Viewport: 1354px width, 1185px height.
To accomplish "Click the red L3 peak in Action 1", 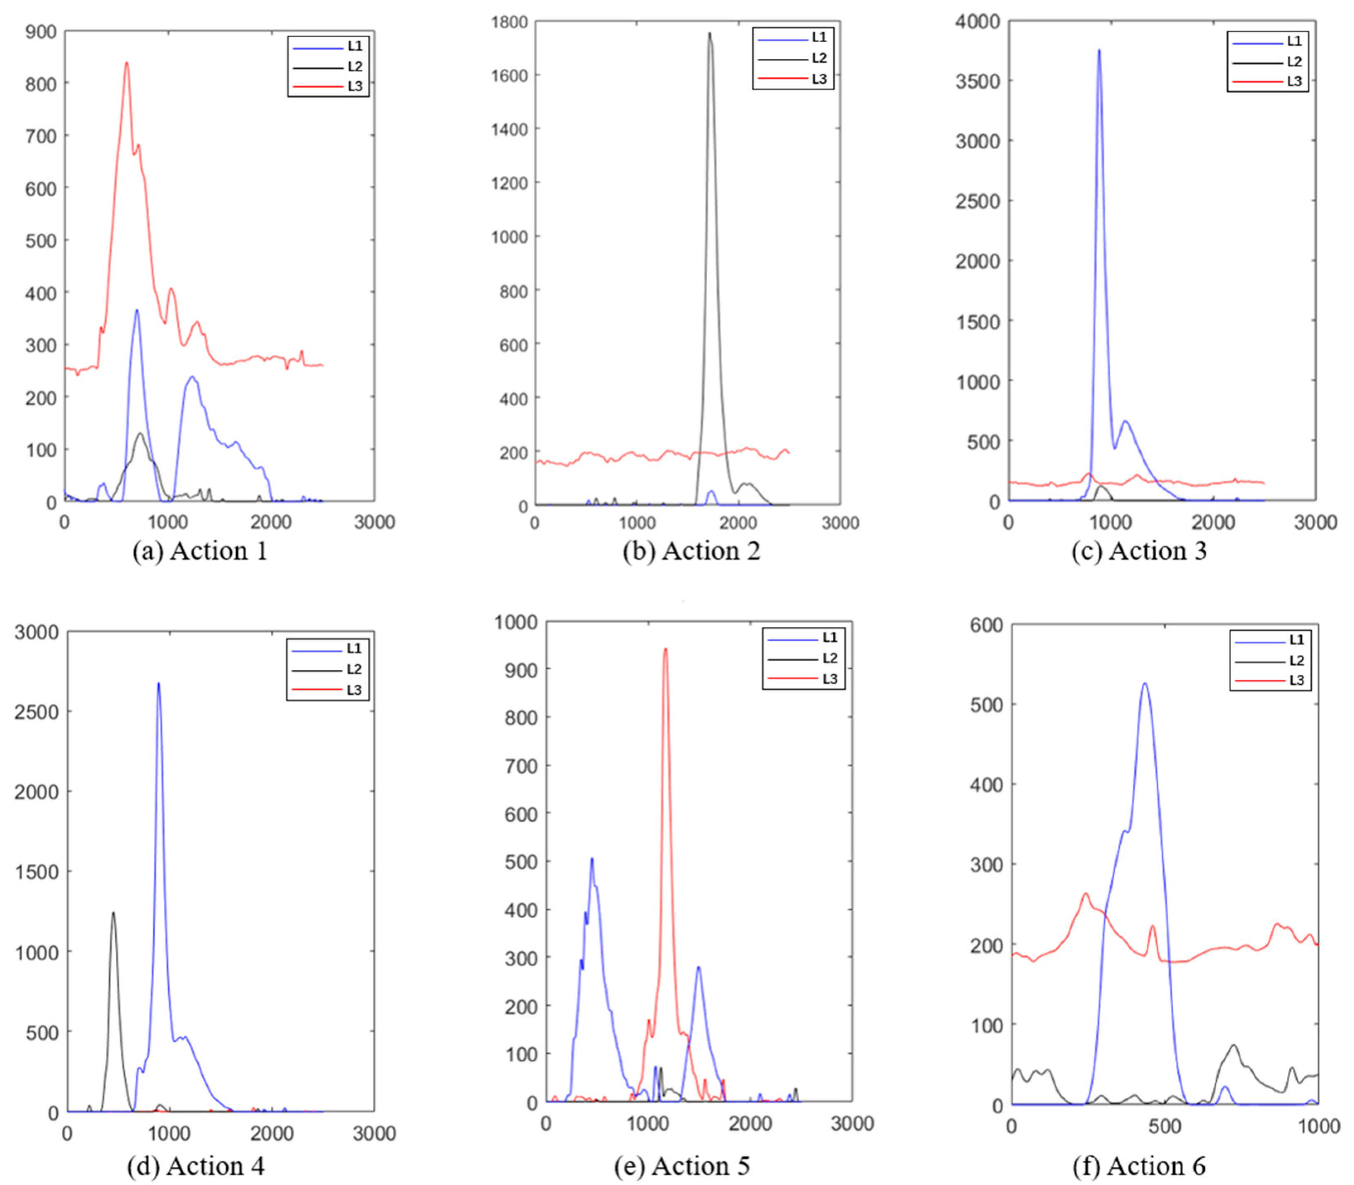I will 126,63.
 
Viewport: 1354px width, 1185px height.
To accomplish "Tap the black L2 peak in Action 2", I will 710,34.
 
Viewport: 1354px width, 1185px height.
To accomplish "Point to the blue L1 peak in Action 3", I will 1099,50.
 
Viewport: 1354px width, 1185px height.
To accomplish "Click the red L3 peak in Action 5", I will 665,649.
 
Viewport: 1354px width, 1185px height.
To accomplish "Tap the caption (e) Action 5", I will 682,1165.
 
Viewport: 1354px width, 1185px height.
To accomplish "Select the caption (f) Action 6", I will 1138,1165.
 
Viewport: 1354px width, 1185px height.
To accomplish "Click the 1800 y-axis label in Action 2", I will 510,22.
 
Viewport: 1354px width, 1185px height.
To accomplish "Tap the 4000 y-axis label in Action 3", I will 978,22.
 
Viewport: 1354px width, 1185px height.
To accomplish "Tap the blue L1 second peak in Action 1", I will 192,378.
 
